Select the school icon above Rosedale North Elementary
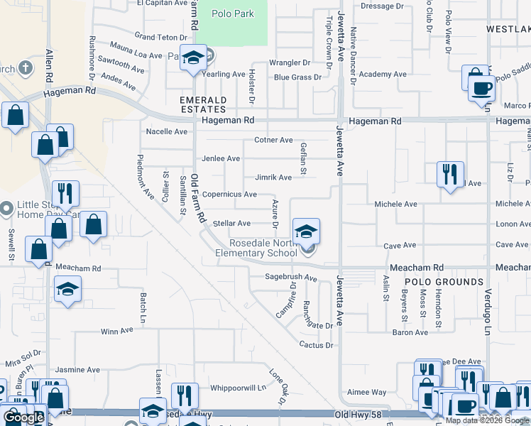pos(306,232)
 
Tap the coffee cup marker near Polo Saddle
pos(482,87)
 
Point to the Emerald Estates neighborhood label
pos(202,104)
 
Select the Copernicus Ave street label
pos(229,194)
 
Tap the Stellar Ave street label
pos(231,223)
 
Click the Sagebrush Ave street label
pos(290,277)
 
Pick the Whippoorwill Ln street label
pos(238,388)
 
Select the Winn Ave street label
pos(117,331)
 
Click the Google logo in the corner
pos(23,417)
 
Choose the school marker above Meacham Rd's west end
pos(68,289)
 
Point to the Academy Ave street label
pos(383,74)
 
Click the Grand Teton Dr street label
pos(160,36)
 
